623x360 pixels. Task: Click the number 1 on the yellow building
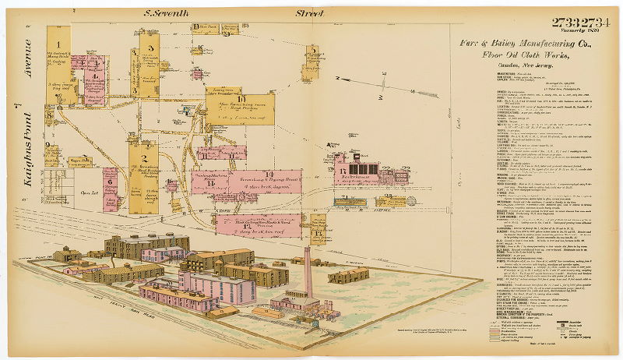pos(58,31)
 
